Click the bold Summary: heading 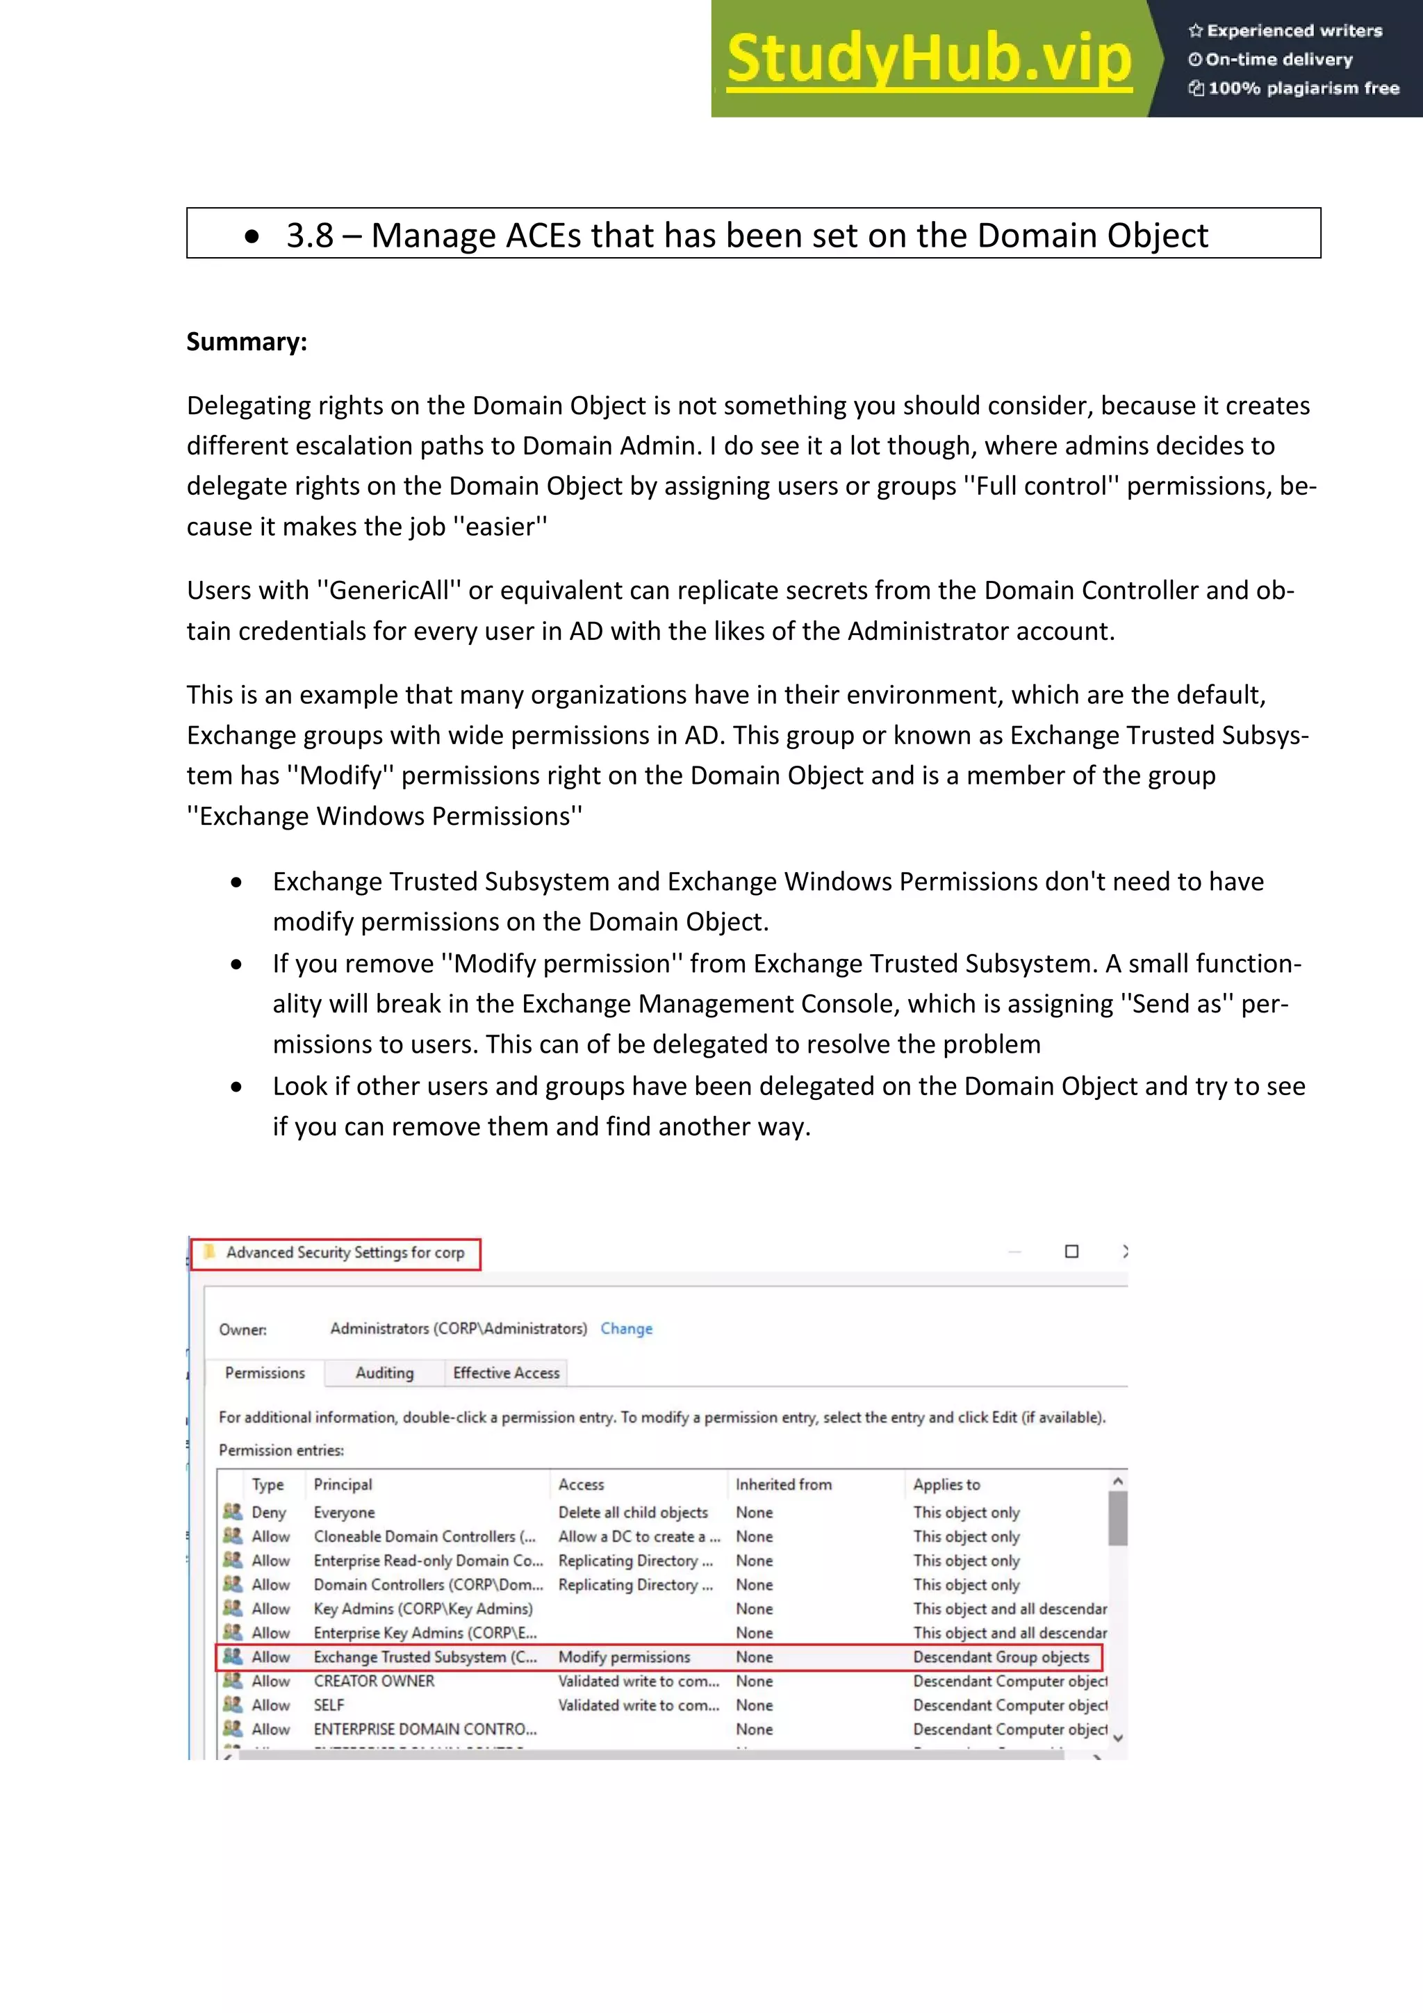[247, 342]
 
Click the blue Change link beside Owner [626, 1329]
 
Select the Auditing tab [384, 1373]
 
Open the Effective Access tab [506, 1373]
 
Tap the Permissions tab [265, 1373]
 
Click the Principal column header [343, 1484]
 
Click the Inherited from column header [783, 1484]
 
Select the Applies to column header [946, 1484]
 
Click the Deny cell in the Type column [268, 1513]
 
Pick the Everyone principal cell [344, 1513]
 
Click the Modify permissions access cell [624, 1657]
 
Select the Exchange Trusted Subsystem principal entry [425, 1657]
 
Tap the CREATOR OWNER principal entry [374, 1681]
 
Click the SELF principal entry [329, 1705]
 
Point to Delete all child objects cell [633, 1513]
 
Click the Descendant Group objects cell [1001, 1657]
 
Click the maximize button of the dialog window [1071, 1251]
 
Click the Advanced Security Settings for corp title [345, 1252]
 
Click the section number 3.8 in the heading [309, 235]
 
